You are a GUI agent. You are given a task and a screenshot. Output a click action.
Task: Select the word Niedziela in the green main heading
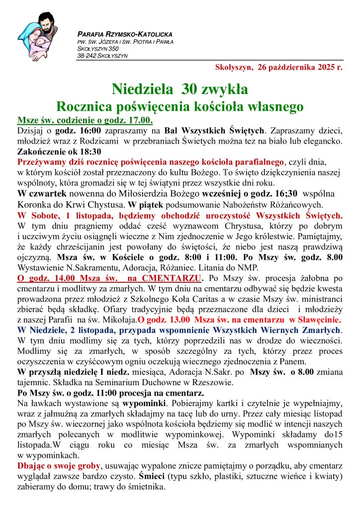pyautogui.click(x=144, y=89)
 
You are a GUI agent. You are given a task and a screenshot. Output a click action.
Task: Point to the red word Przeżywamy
pyautogui.click(x=40, y=162)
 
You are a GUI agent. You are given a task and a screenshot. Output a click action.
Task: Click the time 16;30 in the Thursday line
pyautogui.click(x=287, y=193)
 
